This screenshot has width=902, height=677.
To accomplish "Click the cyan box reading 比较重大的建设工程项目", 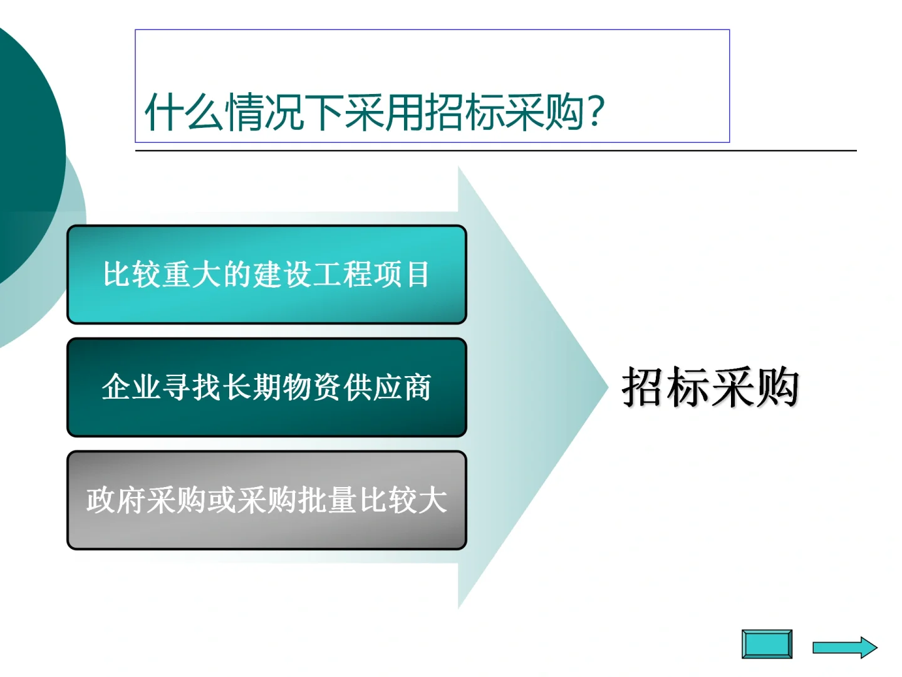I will pos(267,275).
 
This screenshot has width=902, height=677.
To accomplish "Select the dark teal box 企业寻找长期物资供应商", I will pos(267,387).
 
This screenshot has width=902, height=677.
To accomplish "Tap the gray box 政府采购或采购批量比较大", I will pos(267,500).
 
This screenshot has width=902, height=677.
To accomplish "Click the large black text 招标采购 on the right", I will pos(710,387).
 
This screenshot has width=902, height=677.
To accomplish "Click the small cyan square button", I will pos(767,644).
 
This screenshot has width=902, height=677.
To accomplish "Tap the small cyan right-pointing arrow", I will pos(845,648).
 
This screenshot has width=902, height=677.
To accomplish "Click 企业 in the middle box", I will pos(132,387).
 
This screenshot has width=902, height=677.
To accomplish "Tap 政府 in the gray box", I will pos(116,500).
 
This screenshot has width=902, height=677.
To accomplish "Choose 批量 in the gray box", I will pos(327,500).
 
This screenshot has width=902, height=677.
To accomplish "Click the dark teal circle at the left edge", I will pos(25,150).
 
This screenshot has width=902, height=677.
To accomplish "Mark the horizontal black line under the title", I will pos(495,150).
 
